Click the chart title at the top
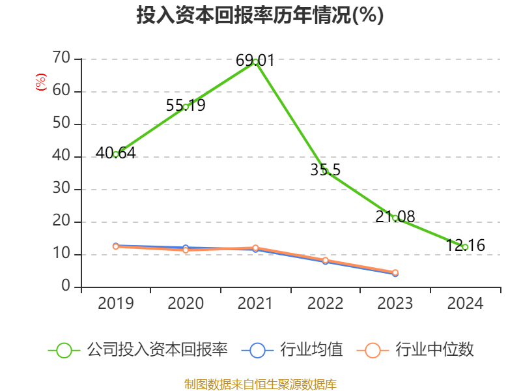[260, 16]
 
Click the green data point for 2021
[255, 61]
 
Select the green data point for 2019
[116, 154]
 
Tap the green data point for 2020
[186, 107]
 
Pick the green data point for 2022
[325, 171]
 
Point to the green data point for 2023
[395, 218]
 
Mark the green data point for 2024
[465, 247]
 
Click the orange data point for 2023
[395, 272]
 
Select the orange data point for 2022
[325, 260]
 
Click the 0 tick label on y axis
[66, 287]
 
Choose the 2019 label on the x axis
[116, 304]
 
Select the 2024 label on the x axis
[465, 304]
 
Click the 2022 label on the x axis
[325, 304]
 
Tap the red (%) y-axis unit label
[40, 82]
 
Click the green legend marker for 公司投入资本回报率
[64, 350]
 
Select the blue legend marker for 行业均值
[257, 350]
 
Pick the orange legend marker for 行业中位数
[373, 350]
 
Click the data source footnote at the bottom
[260, 384]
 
